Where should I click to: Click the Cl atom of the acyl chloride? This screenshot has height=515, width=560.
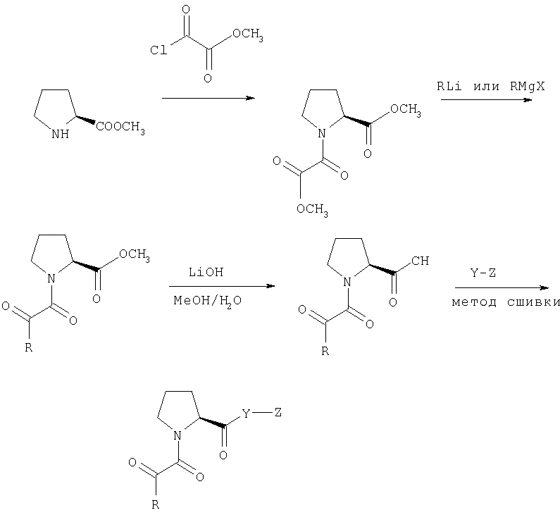[158, 50]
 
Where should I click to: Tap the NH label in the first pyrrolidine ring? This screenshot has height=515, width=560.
[60, 134]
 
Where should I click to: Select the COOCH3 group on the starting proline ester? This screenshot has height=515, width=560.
[120, 127]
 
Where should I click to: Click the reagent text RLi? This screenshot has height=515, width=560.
[449, 86]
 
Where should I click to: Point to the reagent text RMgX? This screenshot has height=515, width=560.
[527, 87]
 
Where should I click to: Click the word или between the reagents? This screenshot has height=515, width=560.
[486, 87]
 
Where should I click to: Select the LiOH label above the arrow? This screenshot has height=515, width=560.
[206, 272]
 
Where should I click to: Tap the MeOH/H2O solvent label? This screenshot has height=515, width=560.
[208, 301]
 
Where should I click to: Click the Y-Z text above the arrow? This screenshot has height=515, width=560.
[483, 273]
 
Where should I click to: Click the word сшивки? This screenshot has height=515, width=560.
[533, 302]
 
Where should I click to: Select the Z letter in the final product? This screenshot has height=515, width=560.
[278, 413]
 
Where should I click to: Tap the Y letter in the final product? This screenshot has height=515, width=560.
[246, 414]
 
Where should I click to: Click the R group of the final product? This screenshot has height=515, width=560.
[156, 505]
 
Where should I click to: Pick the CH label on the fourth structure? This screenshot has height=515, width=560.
[420, 261]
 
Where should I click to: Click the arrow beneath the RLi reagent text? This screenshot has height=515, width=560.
[487, 99]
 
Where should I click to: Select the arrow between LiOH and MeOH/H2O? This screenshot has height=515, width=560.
[222, 286]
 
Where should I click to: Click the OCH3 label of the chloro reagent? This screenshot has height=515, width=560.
[248, 35]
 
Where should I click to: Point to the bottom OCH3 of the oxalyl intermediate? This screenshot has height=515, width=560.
[312, 210]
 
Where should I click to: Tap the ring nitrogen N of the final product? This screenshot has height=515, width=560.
[178, 435]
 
